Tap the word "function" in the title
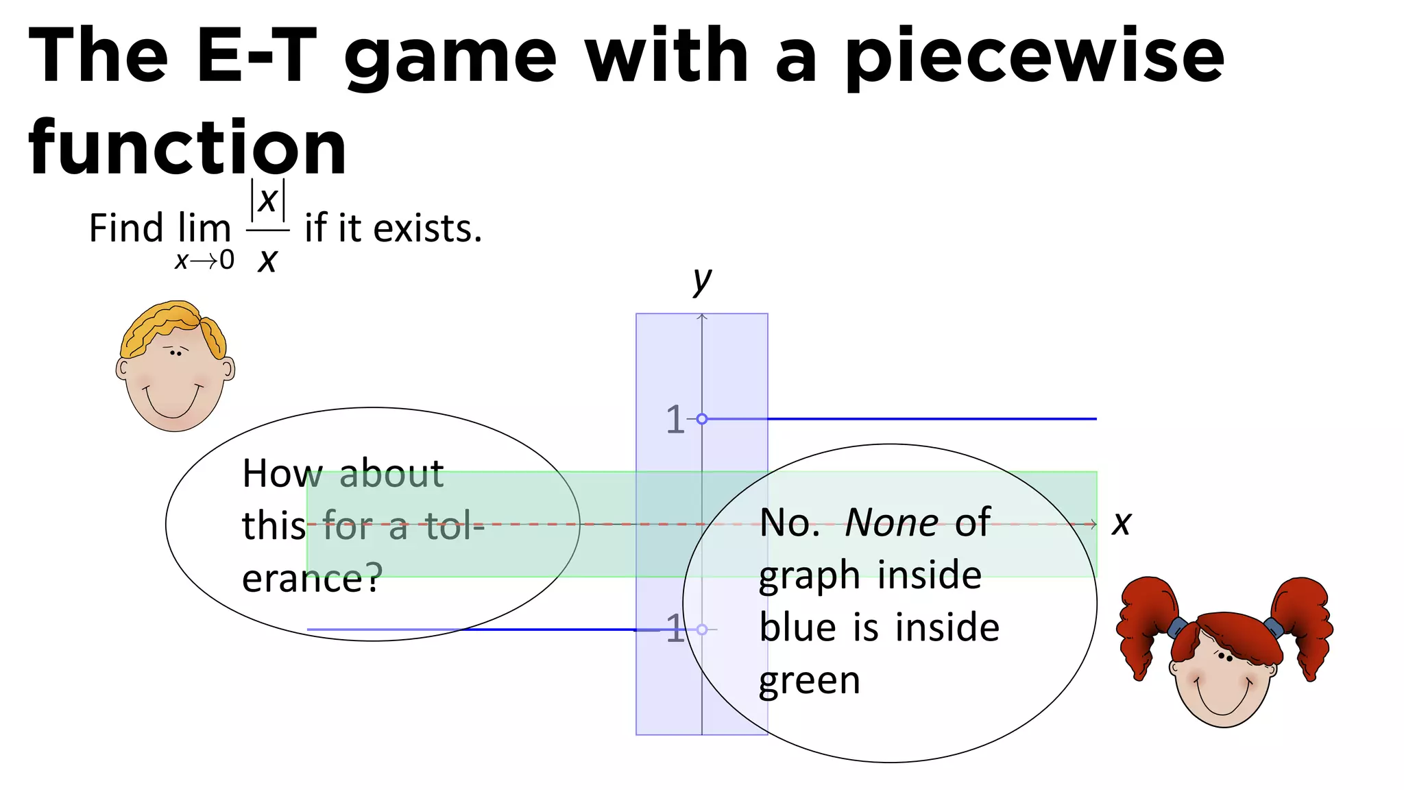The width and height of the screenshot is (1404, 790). point(187,147)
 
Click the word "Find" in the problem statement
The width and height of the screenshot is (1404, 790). point(126,228)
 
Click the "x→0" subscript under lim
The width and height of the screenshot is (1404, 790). point(204,261)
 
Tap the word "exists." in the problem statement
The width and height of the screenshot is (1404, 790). point(428,228)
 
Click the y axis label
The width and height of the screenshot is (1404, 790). point(702,280)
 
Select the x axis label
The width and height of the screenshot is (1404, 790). point(1122,523)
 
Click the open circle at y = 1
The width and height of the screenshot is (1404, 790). point(702,419)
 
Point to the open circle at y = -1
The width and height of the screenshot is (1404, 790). point(702,630)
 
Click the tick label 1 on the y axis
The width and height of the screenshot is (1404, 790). point(675,420)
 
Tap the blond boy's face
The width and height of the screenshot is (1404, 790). point(175,377)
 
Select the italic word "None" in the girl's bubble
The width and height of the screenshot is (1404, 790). point(892,523)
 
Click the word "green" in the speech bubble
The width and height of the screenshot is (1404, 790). point(810,681)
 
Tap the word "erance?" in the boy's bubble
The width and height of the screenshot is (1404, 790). point(312,578)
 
